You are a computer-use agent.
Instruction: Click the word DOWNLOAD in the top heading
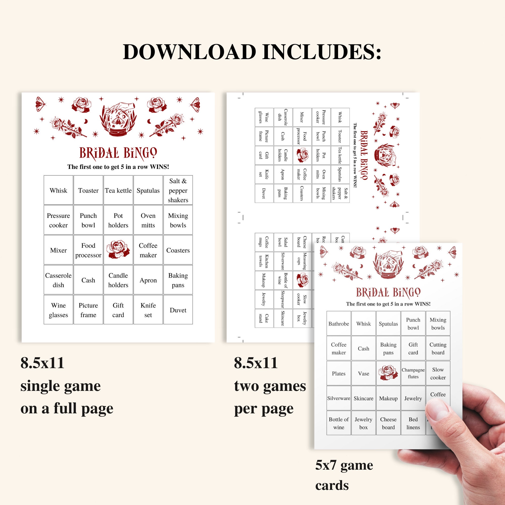tap(190, 52)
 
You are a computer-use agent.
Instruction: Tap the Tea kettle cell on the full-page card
tap(118, 190)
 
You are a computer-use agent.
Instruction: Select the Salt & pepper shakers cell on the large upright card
tap(178, 190)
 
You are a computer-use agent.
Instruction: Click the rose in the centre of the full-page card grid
tap(118, 250)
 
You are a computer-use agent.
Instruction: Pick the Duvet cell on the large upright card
tap(178, 310)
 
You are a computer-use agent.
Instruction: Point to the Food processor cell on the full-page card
tap(88, 250)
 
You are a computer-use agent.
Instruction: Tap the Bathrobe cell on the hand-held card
tap(339, 324)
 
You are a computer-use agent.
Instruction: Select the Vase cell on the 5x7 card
tap(363, 373)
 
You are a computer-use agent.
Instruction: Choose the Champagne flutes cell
tap(413, 373)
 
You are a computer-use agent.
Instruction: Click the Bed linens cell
tap(413, 423)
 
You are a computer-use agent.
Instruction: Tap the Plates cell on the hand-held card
tap(339, 373)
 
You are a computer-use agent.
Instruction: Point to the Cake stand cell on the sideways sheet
tap(264, 318)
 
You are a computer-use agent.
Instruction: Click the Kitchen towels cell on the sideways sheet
tap(264, 261)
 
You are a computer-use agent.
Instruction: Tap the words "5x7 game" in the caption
tap(344, 466)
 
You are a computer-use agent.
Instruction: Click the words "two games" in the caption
tap(270, 386)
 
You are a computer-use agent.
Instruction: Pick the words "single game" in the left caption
tap(60, 386)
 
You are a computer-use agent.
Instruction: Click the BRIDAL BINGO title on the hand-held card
tap(388, 292)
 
